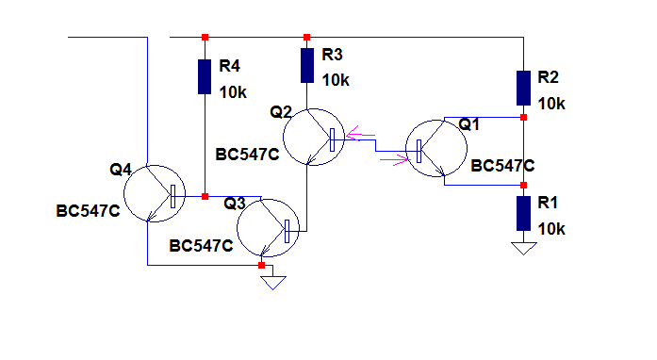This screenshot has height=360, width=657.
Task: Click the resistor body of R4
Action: coord(205,76)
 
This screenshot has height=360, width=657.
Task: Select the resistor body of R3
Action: coord(307,65)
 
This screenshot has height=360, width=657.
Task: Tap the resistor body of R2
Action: coord(523,88)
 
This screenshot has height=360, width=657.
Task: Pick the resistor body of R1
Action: coord(523,213)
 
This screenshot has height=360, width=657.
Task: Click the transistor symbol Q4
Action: coord(155,193)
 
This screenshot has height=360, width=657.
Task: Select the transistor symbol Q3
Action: coord(268,228)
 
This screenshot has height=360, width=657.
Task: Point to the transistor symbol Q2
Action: coord(314,137)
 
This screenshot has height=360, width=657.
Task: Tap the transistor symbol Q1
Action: coord(436,148)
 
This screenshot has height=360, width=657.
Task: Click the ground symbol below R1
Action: coord(524,248)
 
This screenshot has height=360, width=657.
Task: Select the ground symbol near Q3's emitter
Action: coord(273,283)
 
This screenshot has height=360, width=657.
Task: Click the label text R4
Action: coord(229,66)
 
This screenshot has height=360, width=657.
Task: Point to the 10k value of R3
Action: coord(336,80)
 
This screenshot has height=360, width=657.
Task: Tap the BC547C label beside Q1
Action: coord(502,166)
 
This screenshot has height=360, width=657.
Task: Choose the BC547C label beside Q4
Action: coord(88,211)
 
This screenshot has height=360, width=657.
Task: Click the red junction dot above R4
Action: coord(205,38)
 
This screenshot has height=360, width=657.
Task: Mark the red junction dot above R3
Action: coord(306,38)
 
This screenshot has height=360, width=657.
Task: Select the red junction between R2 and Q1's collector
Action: coord(523,118)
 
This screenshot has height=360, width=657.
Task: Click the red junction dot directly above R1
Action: coord(523,186)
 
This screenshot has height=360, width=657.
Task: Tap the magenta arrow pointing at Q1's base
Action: coord(394,159)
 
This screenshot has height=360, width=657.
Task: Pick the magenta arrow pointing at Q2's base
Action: coord(360,134)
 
